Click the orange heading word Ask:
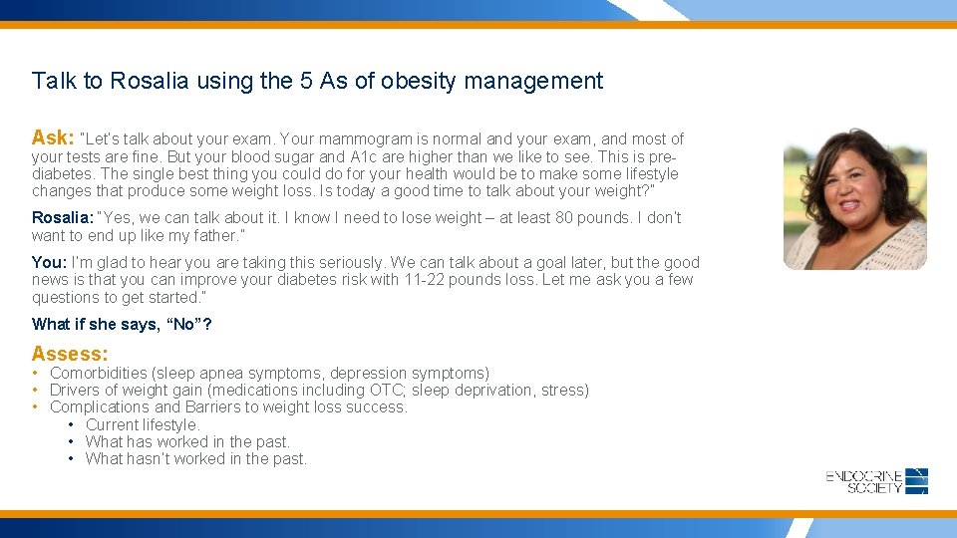tap(53, 137)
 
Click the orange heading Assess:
tap(70, 354)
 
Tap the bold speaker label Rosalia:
tap(63, 218)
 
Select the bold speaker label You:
tap(49, 263)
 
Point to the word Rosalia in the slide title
tap(150, 81)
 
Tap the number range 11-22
tap(427, 280)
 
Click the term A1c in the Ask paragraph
tap(362, 157)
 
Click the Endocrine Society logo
tap(877, 481)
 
